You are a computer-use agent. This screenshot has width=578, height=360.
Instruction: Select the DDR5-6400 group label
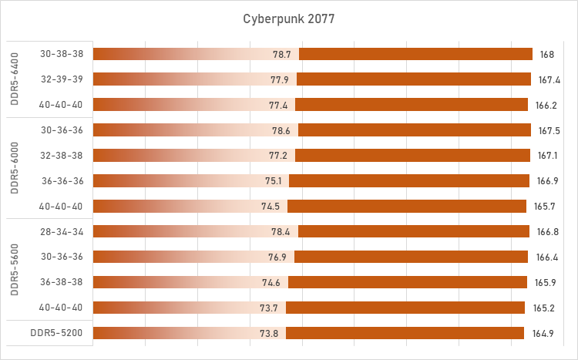pyautogui.click(x=16, y=79)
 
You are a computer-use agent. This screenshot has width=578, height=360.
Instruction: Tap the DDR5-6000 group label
pyautogui.click(x=16, y=167)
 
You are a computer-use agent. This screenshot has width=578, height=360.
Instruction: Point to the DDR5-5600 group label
pyautogui.click(x=16, y=269)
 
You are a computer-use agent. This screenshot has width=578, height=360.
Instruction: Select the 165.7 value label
pyautogui.click(x=542, y=206)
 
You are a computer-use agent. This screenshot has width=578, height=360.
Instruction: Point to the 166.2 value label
pyautogui.click(x=543, y=104)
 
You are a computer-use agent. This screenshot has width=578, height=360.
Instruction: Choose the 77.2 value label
pyautogui.click(x=278, y=155)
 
